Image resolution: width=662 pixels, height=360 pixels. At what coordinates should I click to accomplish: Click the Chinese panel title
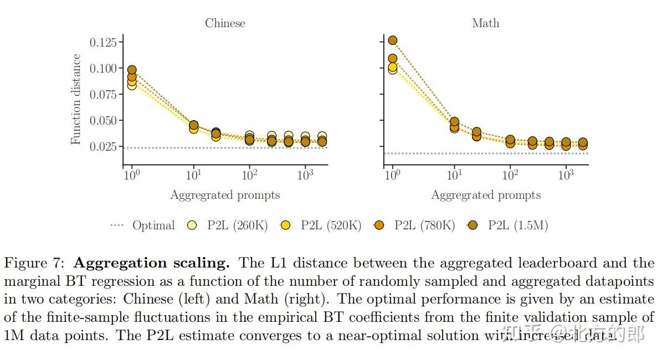225,23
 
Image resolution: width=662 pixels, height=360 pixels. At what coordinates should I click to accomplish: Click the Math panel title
485,23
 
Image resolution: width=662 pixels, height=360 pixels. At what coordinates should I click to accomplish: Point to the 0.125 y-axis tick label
103,42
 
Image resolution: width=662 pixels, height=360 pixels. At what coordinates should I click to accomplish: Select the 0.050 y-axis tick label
103,121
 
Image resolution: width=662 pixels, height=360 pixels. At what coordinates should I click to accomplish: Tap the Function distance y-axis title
76,99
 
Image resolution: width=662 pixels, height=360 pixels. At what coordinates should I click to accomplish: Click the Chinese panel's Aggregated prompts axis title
225,195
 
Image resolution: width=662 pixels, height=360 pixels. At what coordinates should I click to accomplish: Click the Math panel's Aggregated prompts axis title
486,195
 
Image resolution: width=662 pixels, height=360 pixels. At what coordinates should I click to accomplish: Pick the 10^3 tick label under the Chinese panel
305,175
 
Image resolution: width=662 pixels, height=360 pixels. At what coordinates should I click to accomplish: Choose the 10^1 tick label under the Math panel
454,175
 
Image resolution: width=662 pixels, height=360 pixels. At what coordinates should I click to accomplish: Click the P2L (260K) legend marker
192,225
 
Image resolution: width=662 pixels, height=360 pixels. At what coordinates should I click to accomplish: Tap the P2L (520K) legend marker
286,225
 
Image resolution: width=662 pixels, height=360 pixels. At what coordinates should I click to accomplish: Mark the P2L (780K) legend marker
379,225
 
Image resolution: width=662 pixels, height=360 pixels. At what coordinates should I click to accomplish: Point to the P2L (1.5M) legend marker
473,225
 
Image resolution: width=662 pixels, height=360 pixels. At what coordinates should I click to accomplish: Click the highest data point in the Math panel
393,40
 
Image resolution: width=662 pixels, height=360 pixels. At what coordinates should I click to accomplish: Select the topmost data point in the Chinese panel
132,70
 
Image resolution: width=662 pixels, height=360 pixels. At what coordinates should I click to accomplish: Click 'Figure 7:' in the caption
35,263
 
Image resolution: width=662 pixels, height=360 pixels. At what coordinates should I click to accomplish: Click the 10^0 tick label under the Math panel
392,175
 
